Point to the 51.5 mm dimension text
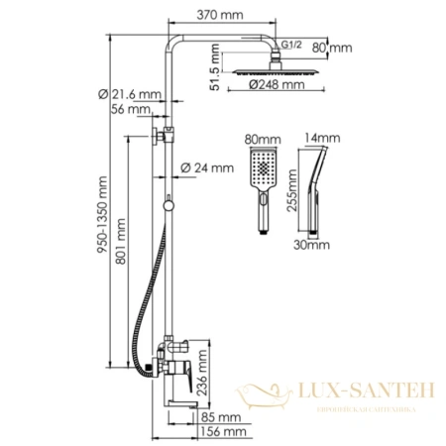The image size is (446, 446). (x=215, y=76)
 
